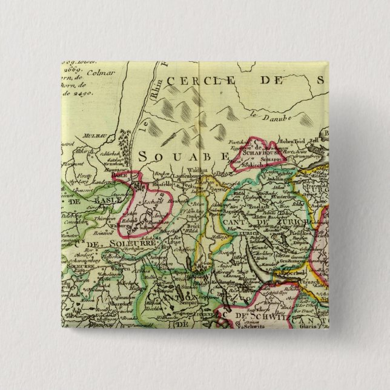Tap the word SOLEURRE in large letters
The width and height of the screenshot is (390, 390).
click(x=112, y=243)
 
